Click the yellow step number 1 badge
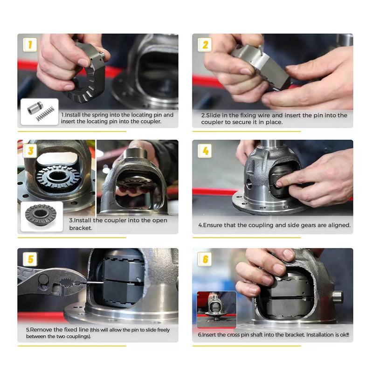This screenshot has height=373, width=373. click(30, 44)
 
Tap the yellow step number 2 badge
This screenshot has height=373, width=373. click(205, 44)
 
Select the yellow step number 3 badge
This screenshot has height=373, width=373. click(30, 151)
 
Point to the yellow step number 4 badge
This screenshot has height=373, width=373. click(205, 151)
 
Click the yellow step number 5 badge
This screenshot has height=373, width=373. click(30, 259)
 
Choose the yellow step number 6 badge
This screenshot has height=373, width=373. click(205, 259)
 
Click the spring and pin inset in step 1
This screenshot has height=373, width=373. click(40, 112)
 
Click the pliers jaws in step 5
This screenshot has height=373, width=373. click(68, 282)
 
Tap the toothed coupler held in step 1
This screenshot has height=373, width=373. click(84, 79)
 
